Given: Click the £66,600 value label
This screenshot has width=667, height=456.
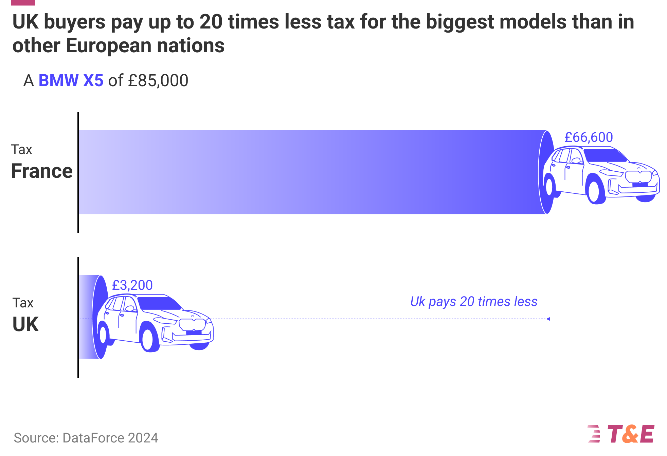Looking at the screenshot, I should tap(589, 137).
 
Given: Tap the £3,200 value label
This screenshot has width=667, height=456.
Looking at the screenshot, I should tap(132, 285).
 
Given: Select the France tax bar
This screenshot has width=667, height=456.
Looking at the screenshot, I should tap(306, 172).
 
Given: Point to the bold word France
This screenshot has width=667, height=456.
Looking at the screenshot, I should tap(42, 171).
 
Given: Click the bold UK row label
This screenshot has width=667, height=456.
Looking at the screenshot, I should tap(25, 324).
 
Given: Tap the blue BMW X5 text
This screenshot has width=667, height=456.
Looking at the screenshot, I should tap(71, 81).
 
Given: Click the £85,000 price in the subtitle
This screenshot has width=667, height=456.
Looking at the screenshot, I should tap(158, 81).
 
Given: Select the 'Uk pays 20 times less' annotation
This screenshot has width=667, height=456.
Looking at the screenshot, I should tap(474, 302).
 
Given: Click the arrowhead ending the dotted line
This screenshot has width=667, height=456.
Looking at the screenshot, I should tap(548, 319).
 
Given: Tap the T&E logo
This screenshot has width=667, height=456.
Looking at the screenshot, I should tap(621, 434).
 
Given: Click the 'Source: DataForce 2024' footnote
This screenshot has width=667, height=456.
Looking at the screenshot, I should tap(86, 438).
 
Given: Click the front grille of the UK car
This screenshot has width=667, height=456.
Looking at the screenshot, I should tap(193, 324).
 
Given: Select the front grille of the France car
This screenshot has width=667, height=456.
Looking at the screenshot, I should tap(638, 177).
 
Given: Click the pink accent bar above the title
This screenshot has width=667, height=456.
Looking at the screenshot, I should tap(23, 2).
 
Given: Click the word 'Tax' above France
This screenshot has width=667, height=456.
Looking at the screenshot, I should tap(22, 150).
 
